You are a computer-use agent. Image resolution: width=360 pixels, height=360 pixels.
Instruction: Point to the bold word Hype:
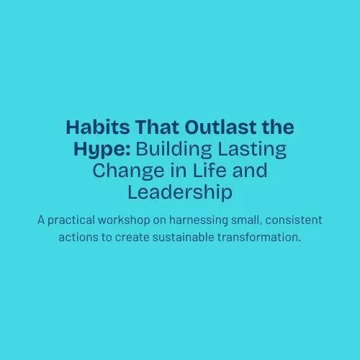pyautogui.click(x=102, y=150)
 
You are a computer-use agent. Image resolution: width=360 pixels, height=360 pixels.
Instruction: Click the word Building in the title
pyautogui.click(x=174, y=150)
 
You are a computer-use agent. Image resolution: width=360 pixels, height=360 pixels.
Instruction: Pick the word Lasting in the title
pyautogui.click(x=252, y=150)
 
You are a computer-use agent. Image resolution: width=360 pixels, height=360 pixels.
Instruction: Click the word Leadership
pyautogui.click(x=180, y=193)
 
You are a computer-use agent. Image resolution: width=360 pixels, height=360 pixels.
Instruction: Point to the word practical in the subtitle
pyautogui.click(x=71, y=220)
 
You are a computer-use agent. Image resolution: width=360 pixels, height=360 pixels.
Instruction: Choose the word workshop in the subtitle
pyautogui.click(x=124, y=220)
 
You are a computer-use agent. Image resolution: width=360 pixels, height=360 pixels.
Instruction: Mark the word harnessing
pyautogui.click(x=199, y=220)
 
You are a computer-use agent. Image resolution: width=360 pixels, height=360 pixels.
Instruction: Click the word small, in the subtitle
pyautogui.click(x=246, y=220)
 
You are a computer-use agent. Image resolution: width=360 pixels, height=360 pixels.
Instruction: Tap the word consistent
pyautogui.click(x=294, y=220)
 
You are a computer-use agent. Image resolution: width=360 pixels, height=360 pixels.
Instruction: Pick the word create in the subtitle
pyautogui.click(x=132, y=238)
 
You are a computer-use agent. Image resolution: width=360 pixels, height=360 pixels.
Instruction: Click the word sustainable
pyautogui.click(x=184, y=238)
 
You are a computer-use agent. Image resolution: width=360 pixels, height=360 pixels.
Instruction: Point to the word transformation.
pyautogui.click(x=259, y=238)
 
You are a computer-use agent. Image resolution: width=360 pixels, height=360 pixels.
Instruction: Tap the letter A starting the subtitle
pyautogui.click(x=41, y=220)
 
